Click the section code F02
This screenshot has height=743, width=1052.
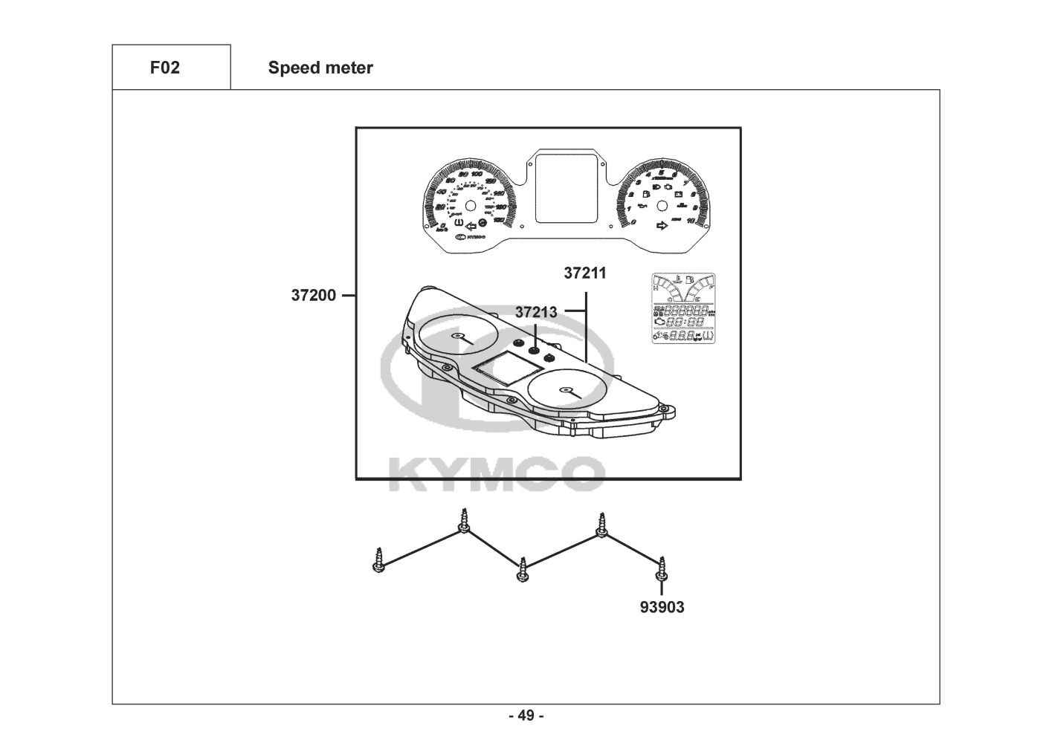164,68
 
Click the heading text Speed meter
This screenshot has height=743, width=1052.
320,68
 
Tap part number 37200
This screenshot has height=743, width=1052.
313,296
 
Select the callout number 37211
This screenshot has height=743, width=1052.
585,273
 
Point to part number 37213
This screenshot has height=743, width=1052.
536,313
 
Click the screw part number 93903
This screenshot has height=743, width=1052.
662,607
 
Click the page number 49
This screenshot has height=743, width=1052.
526,716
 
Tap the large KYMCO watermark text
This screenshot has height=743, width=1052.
497,472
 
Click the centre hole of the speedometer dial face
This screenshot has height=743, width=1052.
469,206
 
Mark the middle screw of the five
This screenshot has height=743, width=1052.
523,571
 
